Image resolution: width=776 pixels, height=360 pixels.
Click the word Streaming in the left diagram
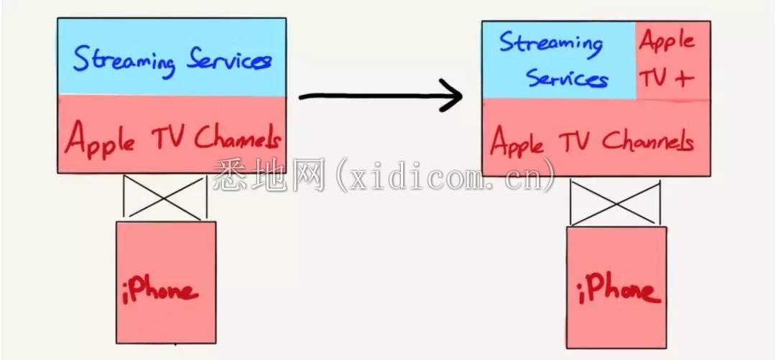pos(124,60)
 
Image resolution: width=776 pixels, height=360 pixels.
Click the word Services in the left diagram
pos(228,61)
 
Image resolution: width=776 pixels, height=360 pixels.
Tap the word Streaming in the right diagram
pos(551,45)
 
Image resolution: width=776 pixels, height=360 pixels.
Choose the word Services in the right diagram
pos(567,78)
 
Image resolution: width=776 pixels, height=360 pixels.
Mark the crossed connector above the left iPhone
pos(165,197)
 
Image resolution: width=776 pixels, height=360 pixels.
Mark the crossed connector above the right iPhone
pos(615,203)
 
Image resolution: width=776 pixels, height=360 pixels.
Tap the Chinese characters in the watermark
pos(269,175)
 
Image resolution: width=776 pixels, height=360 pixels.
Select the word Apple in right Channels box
pos(517,141)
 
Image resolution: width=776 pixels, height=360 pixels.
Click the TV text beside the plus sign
pos(655,78)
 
